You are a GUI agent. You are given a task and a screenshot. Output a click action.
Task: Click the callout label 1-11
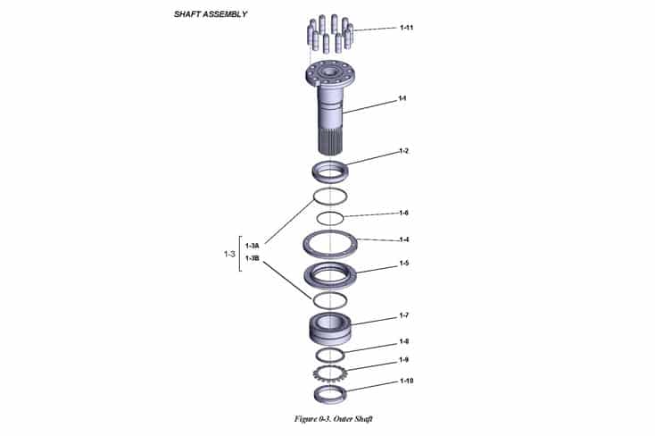406,28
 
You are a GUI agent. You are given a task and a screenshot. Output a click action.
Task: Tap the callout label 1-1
402,97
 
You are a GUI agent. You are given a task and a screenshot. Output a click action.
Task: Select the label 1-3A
252,245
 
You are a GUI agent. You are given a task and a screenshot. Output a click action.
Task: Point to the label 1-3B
252,258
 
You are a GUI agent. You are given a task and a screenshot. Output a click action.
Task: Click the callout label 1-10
405,381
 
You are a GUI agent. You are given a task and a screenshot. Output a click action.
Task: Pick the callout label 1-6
403,213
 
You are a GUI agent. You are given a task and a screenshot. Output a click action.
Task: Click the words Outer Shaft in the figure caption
347,418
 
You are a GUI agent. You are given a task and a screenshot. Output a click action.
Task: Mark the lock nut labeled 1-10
330,392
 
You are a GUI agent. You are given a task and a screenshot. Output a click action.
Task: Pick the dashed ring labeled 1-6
330,218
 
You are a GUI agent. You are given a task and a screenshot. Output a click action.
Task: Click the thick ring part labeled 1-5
330,272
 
